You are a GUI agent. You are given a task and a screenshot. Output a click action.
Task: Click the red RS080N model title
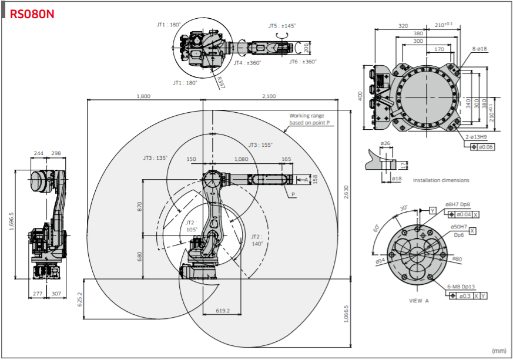tap(32, 14)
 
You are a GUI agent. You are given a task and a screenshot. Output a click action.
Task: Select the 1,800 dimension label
tap(143, 96)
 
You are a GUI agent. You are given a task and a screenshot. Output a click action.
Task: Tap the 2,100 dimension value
tap(269, 96)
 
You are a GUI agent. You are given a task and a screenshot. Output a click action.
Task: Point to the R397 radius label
tap(221, 83)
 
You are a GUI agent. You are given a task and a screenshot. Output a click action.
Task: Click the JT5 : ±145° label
tap(282, 25)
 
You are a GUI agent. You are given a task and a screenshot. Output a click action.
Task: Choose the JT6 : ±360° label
tap(303, 62)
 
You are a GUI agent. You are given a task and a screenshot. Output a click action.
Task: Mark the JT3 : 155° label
tap(260, 145)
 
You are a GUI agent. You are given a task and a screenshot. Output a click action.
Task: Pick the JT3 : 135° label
tap(155, 158)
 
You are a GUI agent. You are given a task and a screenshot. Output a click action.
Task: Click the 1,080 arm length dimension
tap(241, 159)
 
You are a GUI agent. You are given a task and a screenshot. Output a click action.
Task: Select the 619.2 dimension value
tap(223, 311)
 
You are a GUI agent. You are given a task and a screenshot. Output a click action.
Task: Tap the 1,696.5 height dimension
tap(12, 221)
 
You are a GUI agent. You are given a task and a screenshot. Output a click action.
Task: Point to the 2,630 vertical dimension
tap(346, 192)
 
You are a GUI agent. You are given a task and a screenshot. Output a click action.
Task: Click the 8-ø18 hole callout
tap(480, 49)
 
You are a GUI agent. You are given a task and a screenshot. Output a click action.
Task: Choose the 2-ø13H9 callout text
tap(477, 137)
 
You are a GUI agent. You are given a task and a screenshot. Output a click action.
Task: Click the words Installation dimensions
tap(441, 180)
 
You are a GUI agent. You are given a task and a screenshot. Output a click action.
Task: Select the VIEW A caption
tap(419, 301)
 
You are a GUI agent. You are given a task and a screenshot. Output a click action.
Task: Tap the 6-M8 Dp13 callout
tap(461, 287)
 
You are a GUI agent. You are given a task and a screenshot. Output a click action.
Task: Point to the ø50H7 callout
tap(459, 227)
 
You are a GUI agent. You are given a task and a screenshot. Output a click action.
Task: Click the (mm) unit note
tap(499, 351)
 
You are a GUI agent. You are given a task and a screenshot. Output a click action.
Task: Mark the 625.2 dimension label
tap(79, 299)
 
